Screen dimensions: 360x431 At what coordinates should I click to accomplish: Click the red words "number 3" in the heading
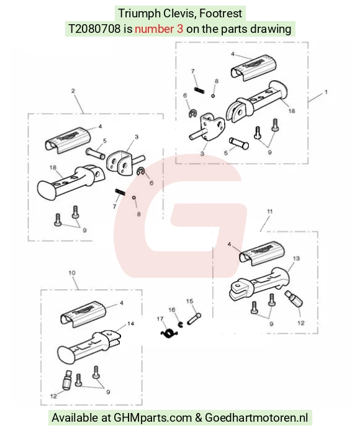tap(159, 29)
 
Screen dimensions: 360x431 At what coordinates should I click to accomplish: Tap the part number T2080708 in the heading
tap(94, 29)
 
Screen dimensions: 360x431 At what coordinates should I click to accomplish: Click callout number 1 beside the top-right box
tap(326, 92)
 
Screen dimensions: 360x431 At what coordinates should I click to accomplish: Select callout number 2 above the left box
tap(73, 91)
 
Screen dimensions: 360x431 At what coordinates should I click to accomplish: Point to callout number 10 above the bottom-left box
tap(72, 273)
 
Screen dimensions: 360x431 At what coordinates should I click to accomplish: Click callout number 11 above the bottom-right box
tap(270, 211)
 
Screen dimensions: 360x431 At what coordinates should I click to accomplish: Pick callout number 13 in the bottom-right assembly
tap(296, 259)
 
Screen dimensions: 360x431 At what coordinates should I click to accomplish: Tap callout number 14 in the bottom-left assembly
tap(130, 324)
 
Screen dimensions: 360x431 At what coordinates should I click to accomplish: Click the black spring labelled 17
tap(169, 334)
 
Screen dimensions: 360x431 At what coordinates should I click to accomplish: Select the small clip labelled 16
tap(181, 324)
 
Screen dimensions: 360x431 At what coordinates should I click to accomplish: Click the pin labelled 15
tap(194, 319)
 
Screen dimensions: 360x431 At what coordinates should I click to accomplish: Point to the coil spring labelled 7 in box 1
tap(199, 91)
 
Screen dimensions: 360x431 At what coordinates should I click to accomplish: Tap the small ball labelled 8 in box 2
tap(134, 197)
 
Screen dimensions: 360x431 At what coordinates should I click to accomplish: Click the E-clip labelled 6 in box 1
tap(193, 114)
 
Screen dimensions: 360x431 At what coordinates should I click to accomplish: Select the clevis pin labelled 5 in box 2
tap(95, 153)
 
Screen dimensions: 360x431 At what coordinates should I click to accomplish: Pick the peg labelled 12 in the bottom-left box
tap(67, 380)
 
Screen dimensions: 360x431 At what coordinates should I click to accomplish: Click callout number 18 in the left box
tap(53, 167)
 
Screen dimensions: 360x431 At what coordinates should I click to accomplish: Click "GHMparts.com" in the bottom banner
tap(153, 417)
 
